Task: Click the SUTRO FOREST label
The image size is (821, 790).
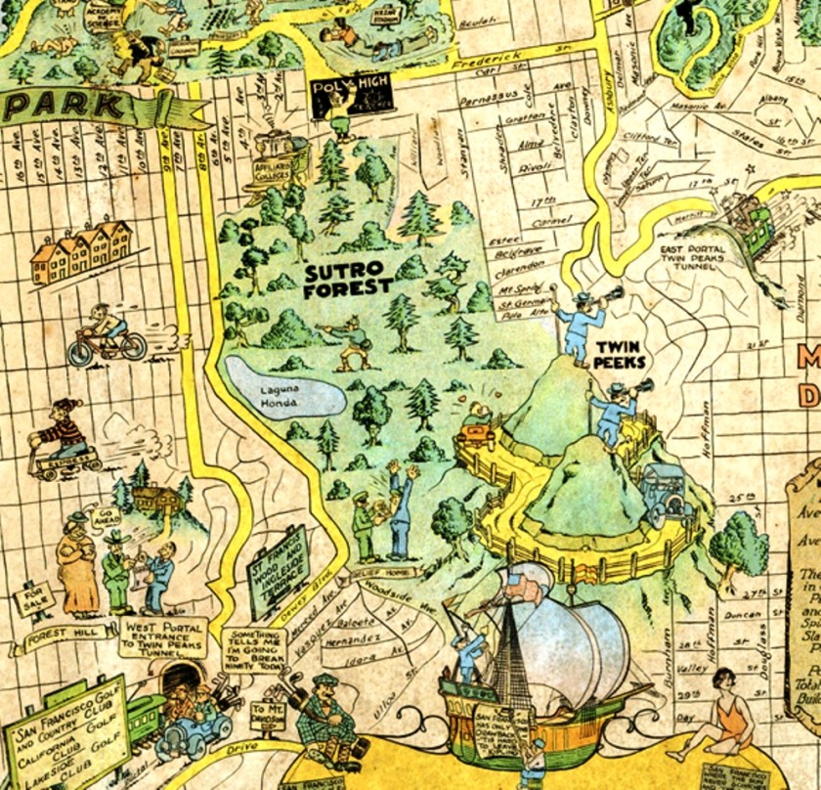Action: [x=348, y=279]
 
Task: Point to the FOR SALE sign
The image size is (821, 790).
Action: [x=31, y=595]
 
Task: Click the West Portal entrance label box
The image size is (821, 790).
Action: [x=163, y=636]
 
